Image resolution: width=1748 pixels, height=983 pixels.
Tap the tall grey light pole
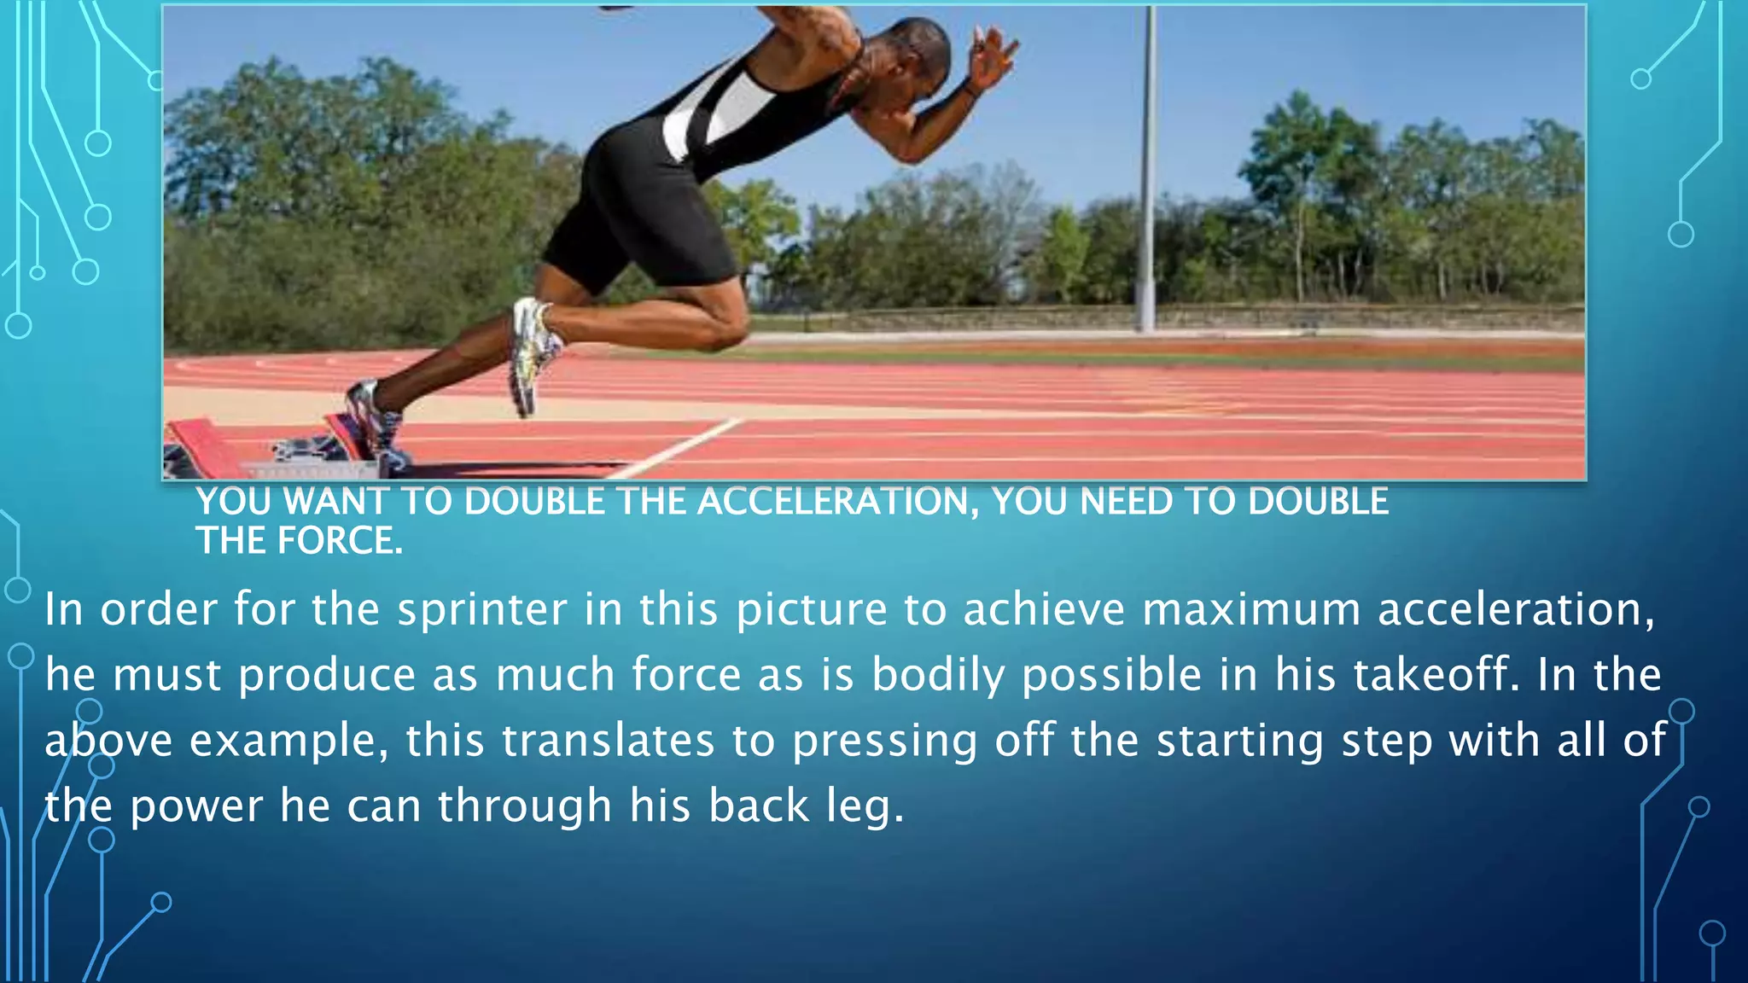[x=1148, y=171]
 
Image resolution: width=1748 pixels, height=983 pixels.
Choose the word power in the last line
[x=196, y=806]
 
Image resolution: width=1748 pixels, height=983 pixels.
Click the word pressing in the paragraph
[x=884, y=741]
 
